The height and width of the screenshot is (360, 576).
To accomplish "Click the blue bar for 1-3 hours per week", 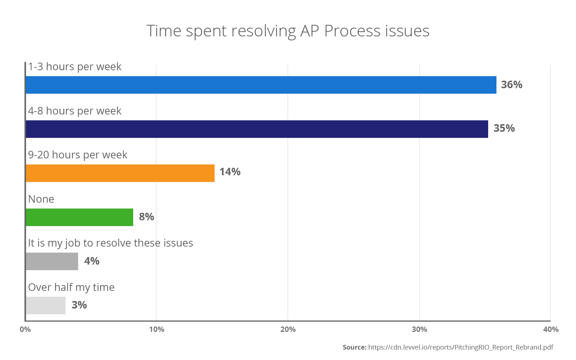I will coord(261,85).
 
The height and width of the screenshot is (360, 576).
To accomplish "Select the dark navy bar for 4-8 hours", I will coord(257,129).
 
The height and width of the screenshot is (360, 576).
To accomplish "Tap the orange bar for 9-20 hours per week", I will coord(120,173).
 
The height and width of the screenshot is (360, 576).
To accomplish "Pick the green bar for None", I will coord(79,217).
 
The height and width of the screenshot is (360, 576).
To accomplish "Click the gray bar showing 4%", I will coord(52,261).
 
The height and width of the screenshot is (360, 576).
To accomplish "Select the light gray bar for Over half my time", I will coord(45,305).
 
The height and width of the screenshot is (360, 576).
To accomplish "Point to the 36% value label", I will coord(512,85).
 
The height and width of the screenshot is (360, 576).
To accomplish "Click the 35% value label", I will coord(504,128).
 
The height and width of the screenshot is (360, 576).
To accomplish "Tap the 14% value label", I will coord(230,172).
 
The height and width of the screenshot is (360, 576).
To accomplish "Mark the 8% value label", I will coord(147,217).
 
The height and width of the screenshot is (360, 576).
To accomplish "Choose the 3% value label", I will coord(79,305).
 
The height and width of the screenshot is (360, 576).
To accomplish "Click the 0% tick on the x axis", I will coord(25,329).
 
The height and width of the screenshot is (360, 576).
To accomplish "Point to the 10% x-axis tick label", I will coord(156,329).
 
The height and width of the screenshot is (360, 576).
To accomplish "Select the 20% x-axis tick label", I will coord(288,329).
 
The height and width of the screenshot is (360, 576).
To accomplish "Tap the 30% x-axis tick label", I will coord(419,329).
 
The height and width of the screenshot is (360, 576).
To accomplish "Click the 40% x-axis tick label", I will coord(550,329).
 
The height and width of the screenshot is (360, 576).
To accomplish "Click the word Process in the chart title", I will coord(352,31).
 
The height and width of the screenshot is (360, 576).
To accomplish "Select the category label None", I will coord(41,199).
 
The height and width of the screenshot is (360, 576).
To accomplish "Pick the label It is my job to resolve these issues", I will coord(111,243).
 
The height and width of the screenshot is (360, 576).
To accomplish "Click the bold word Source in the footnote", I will coord(354,347).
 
